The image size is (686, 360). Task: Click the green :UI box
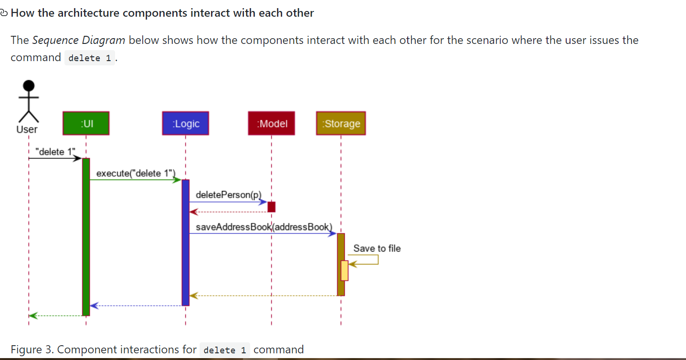(86, 123)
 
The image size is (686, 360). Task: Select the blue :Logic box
(186, 123)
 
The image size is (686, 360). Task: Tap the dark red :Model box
(271, 123)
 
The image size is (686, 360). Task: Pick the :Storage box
(341, 123)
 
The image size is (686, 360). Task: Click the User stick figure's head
(29, 86)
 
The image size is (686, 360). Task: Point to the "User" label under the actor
(27, 129)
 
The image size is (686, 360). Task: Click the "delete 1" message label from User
(56, 152)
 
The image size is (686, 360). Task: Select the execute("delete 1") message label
(136, 173)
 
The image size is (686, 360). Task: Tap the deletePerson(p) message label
(229, 195)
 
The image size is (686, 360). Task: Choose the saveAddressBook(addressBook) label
(264, 227)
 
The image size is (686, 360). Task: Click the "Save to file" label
(377, 248)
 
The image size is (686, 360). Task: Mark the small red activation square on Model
(271, 207)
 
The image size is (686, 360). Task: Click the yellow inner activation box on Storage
(344, 270)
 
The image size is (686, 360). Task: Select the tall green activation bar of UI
(86, 239)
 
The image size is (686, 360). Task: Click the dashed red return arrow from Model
(229, 212)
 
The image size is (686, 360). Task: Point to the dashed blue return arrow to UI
(138, 306)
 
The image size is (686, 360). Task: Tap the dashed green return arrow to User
(55, 316)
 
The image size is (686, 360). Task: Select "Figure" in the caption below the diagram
(26, 349)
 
